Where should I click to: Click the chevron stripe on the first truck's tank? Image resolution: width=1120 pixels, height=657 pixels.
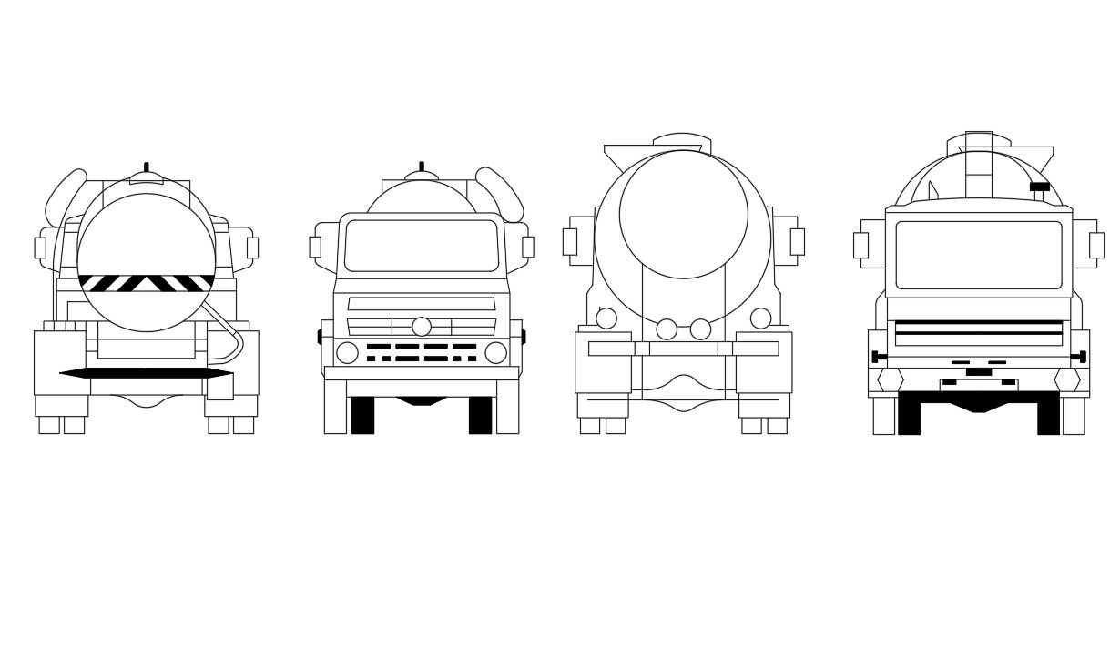coord(146,283)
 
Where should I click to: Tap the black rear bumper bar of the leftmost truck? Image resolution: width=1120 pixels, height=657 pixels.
coord(146,373)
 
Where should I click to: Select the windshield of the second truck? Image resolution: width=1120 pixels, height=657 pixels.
coord(422,246)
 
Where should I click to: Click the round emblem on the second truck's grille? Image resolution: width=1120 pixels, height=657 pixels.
coord(422,327)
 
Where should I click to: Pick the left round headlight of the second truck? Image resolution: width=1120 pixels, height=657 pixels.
coord(348,353)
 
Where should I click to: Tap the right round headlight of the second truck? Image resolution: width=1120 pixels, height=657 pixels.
coord(495,353)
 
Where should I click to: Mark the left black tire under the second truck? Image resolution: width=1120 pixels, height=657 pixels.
coord(362,415)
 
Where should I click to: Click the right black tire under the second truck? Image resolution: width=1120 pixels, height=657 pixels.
coord(480,415)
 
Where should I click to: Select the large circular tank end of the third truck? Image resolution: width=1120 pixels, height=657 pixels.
coord(683,214)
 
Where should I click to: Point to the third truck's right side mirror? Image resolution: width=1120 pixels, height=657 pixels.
coord(797,241)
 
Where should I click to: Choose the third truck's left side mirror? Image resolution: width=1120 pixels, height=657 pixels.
coord(570,241)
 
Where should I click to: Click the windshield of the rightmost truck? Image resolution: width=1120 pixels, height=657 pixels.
coord(979,255)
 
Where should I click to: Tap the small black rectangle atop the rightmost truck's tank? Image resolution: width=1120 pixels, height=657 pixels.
coord(1039,187)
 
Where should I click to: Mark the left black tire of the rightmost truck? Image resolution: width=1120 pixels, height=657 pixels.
coord(909,416)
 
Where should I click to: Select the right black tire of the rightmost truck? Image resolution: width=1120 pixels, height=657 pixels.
coord(1048,416)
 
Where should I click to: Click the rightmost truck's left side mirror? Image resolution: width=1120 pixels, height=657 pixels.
coord(860,245)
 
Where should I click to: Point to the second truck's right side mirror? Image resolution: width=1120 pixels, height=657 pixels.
coord(527,247)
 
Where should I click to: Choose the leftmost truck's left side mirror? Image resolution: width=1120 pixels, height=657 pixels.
coord(40,248)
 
